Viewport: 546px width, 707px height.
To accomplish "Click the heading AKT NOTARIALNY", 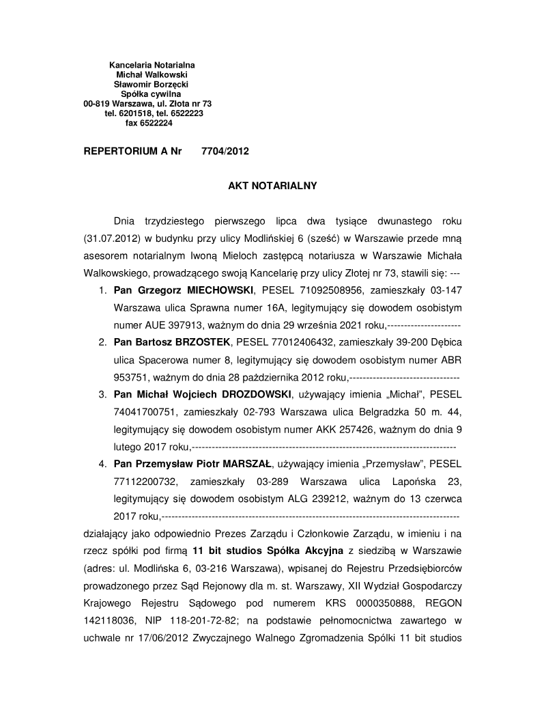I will [272, 185].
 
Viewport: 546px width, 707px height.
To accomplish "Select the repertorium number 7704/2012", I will [225, 152].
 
